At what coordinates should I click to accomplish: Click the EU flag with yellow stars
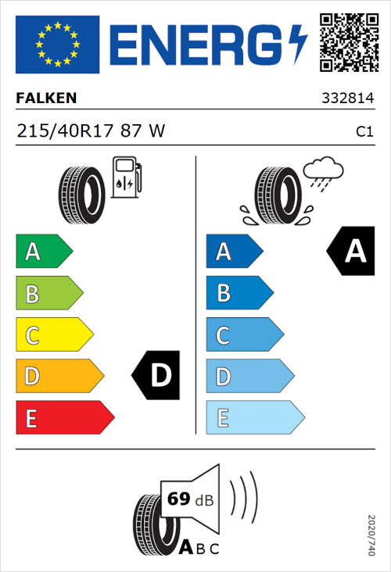coord(57,45)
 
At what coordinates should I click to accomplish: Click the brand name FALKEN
coord(46,99)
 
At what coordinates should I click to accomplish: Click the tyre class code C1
coord(364,132)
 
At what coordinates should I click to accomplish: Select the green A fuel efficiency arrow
coord(43,252)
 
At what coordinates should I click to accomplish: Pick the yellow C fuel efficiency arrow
coord(53,334)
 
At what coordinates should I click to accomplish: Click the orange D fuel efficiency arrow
coord(59,376)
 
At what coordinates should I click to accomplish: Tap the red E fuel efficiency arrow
coord(64,417)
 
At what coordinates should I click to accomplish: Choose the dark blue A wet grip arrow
coord(232,252)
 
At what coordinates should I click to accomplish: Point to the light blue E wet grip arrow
coord(254,417)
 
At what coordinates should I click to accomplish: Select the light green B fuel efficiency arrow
coord(48,293)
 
